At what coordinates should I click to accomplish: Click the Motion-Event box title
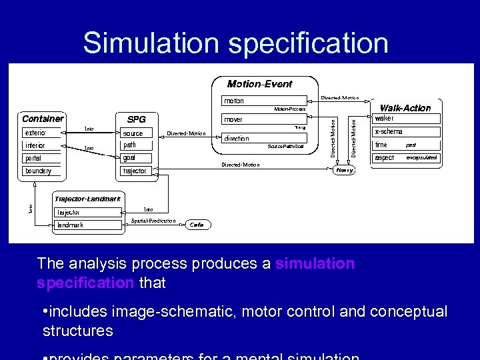(259, 84)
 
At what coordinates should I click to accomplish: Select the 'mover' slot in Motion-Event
(233, 120)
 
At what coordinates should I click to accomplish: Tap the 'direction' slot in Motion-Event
(237, 139)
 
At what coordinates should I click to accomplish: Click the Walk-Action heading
(405, 108)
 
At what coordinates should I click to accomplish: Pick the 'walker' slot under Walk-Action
(385, 119)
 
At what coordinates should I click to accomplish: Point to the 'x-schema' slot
(389, 132)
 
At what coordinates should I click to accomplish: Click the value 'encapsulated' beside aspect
(421, 158)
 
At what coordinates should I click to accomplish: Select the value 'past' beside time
(411, 145)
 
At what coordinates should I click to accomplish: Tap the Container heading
(43, 119)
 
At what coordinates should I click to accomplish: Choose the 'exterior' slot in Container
(35, 133)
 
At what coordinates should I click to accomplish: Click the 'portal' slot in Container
(33, 159)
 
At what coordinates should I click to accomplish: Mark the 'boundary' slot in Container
(38, 171)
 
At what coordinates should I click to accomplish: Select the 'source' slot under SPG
(133, 133)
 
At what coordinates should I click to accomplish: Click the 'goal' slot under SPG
(129, 158)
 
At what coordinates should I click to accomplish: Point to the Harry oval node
(345, 170)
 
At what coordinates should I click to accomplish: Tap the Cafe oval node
(196, 225)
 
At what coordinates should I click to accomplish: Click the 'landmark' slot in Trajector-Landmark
(70, 225)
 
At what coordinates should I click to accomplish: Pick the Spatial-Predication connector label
(153, 221)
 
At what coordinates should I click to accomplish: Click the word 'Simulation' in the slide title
(151, 43)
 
